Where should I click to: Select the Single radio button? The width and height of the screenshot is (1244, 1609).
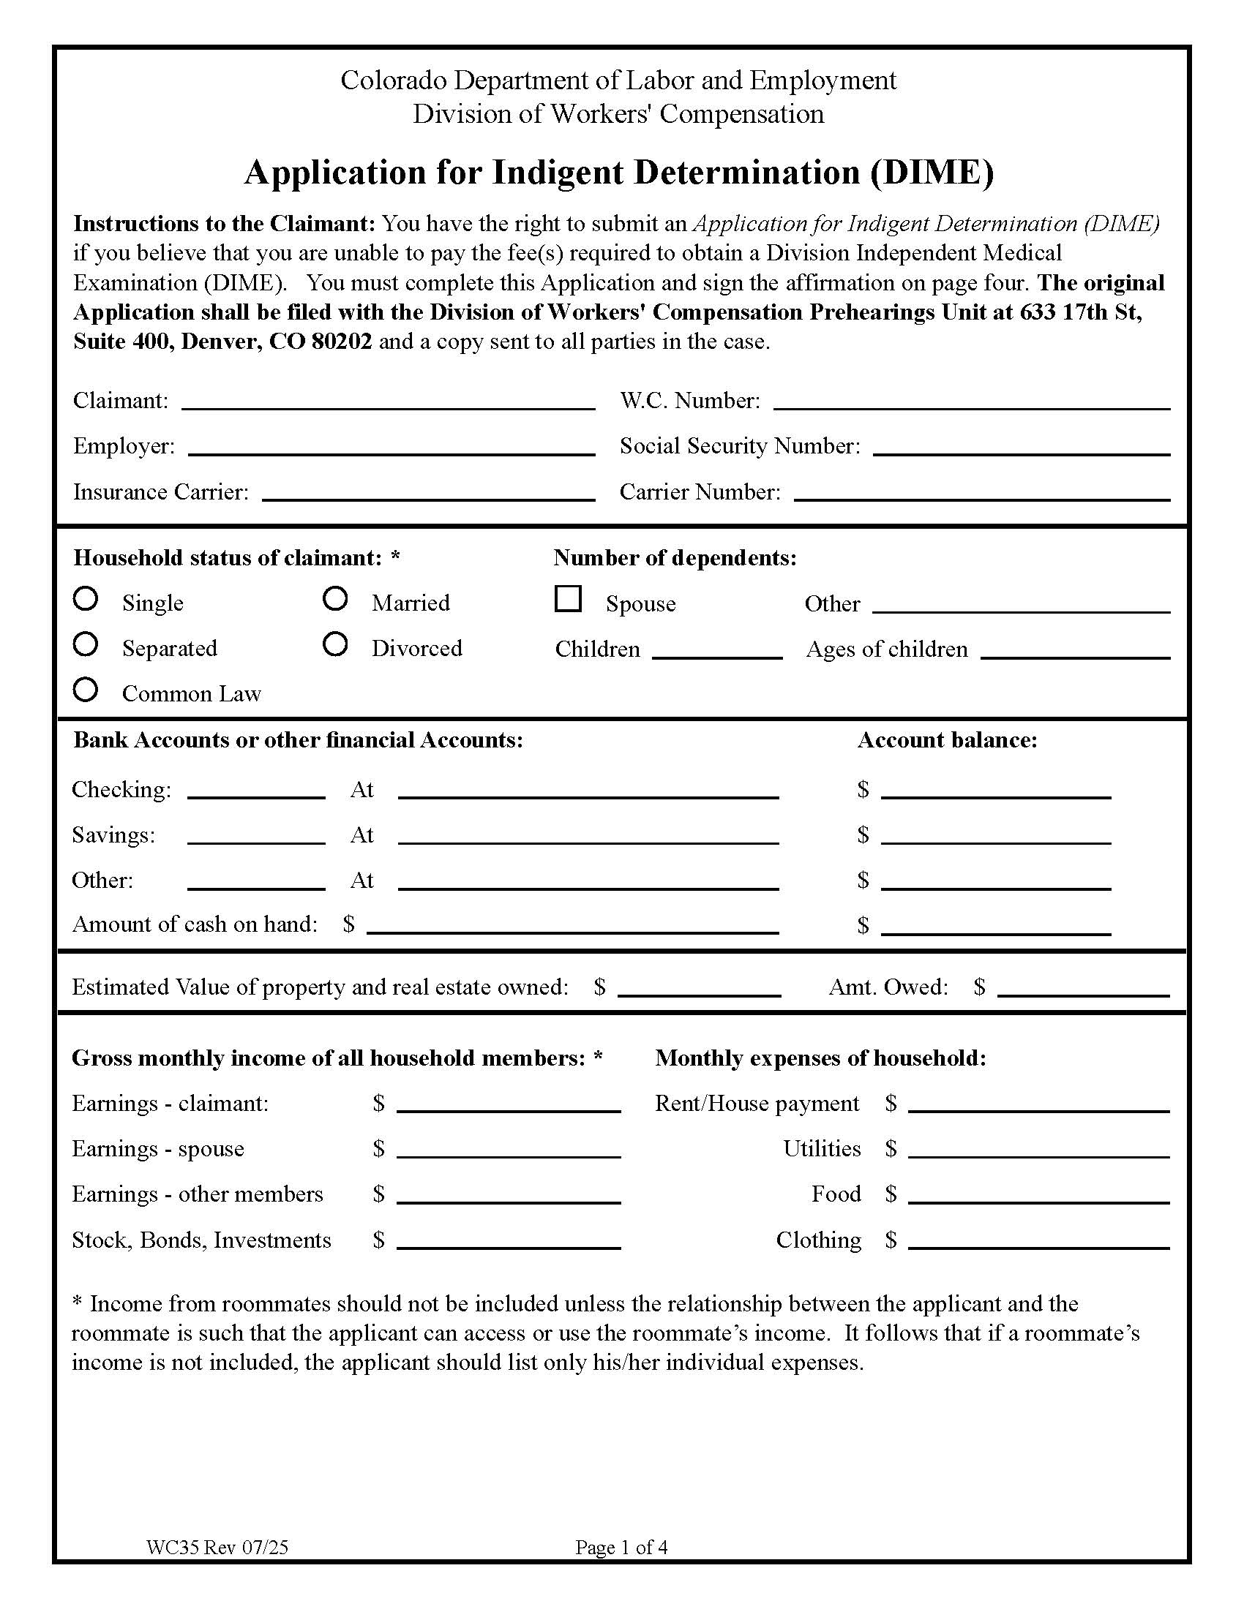point(86,598)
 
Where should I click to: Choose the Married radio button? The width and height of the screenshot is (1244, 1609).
point(335,598)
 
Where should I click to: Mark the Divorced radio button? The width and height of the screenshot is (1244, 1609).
point(335,644)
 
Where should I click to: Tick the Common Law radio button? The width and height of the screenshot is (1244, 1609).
point(86,690)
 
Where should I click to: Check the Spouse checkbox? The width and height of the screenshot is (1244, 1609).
point(568,599)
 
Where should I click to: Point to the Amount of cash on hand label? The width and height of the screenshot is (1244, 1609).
point(195,924)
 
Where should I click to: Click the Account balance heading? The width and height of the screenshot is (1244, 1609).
point(947,739)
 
